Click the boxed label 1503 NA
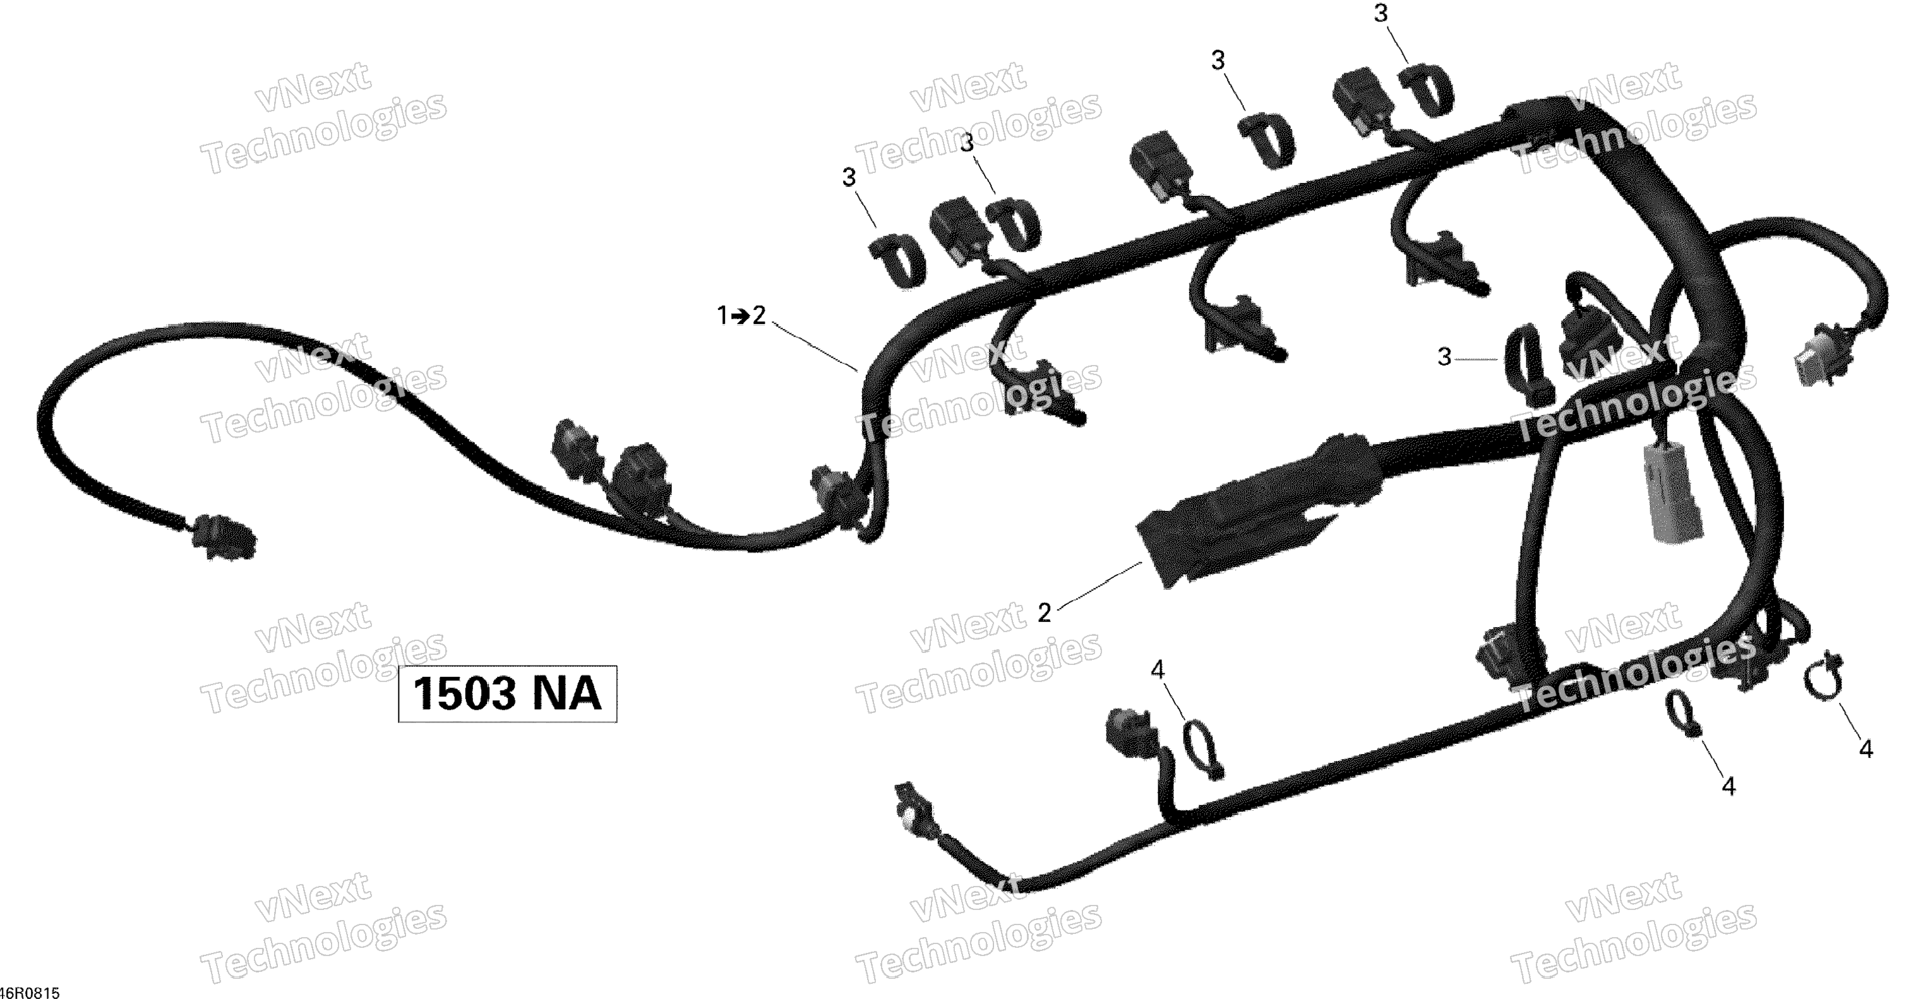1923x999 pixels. point(507,693)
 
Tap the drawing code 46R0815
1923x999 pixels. point(30,992)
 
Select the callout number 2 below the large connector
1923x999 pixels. point(1045,613)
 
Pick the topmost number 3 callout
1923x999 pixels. point(1381,13)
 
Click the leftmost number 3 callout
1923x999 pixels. point(849,177)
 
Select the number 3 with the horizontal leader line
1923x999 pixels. point(1444,357)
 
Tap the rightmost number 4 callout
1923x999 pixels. point(1866,749)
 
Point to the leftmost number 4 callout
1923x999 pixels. point(1157,670)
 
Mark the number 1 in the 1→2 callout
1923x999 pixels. point(722,316)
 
